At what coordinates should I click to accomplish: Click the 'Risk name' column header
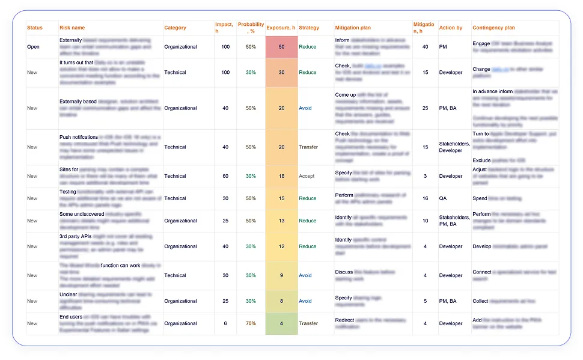pos(72,28)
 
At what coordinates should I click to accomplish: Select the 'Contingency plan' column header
pos(493,28)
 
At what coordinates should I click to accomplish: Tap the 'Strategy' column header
pos(309,28)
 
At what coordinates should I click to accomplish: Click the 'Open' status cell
pos(34,47)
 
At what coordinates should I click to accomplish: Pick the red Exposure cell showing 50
pos(281,47)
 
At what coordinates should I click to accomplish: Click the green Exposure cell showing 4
pos(281,323)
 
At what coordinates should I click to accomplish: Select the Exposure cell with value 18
pos(281,176)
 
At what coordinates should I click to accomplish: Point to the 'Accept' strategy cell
pos(307,176)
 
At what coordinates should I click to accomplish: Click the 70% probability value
pos(251,323)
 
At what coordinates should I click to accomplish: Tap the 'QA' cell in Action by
pos(443,198)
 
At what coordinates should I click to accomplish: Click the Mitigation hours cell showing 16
pos(425,198)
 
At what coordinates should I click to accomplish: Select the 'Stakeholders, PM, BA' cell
pos(454,221)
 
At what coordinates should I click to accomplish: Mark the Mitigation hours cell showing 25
pos(425,108)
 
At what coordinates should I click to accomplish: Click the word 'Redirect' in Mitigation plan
pos(344,320)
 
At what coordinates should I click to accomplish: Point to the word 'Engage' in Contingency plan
pos(481,44)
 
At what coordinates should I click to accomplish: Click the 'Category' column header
pos(175,28)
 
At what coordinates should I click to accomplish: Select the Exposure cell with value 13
pos(281,221)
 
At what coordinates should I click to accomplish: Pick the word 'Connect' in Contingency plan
pos(482,272)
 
